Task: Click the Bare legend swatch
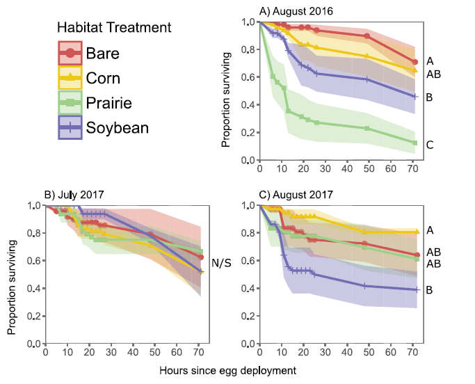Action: coord(70,53)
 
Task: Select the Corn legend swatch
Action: coord(70,78)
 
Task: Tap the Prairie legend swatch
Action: coord(70,103)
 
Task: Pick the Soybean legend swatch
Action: coord(70,127)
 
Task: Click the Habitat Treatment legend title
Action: coord(114,28)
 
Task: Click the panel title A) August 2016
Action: coord(296,12)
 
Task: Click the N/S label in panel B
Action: coord(220,262)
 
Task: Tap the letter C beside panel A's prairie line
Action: coord(430,145)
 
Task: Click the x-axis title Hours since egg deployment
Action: coord(227,371)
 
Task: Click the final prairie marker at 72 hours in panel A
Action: coord(414,143)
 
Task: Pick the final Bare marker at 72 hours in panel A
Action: coord(414,62)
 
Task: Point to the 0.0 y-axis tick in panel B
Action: coord(33,344)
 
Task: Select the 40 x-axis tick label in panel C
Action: coord(346,353)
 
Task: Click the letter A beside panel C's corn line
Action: coord(430,230)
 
